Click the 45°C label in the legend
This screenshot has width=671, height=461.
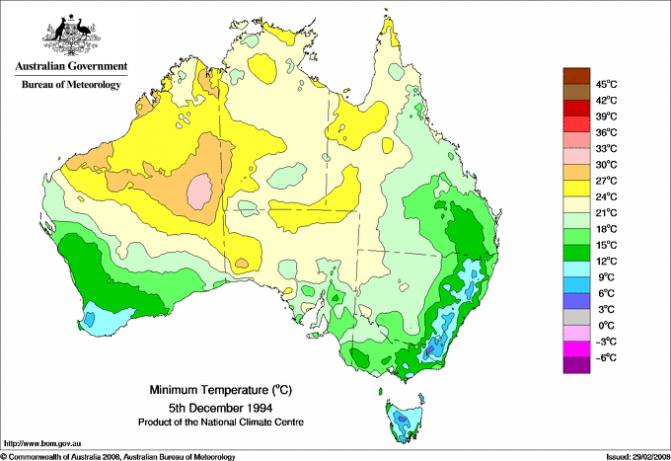point(605,84)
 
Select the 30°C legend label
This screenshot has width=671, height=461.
point(605,164)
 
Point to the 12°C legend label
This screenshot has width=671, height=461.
point(605,261)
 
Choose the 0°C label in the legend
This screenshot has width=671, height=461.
point(605,325)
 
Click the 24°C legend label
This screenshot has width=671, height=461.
point(605,196)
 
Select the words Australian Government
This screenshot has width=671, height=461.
point(70,67)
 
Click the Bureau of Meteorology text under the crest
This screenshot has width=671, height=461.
point(70,85)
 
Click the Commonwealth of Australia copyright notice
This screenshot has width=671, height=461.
point(118,456)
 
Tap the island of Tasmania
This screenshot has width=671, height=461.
point(403,420)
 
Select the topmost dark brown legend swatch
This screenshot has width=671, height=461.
point(575,76)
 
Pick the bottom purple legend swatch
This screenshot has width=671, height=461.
point(575,365)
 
